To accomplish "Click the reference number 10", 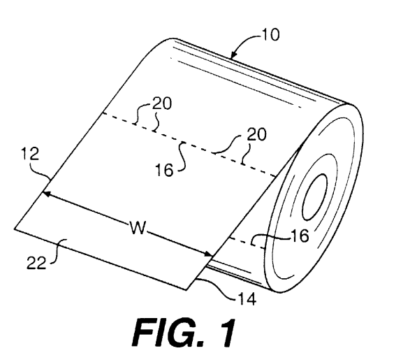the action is click(270, 35).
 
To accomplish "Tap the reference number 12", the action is click(30, 154).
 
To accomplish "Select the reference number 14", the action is click(247, 299).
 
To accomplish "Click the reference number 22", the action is click(36, 263).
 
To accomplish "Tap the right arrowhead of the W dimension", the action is click(208, 253).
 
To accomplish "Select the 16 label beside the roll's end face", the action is click(300, 236).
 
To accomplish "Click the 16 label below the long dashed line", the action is click(164, 170).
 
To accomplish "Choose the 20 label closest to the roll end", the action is click(256, 134).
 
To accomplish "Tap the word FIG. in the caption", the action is click(168, 333).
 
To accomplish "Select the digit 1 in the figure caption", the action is click(224, 333).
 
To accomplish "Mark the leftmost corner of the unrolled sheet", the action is click(15, 229).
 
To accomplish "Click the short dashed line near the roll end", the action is click(247, 243).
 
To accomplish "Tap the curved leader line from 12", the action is click(40, 171).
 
